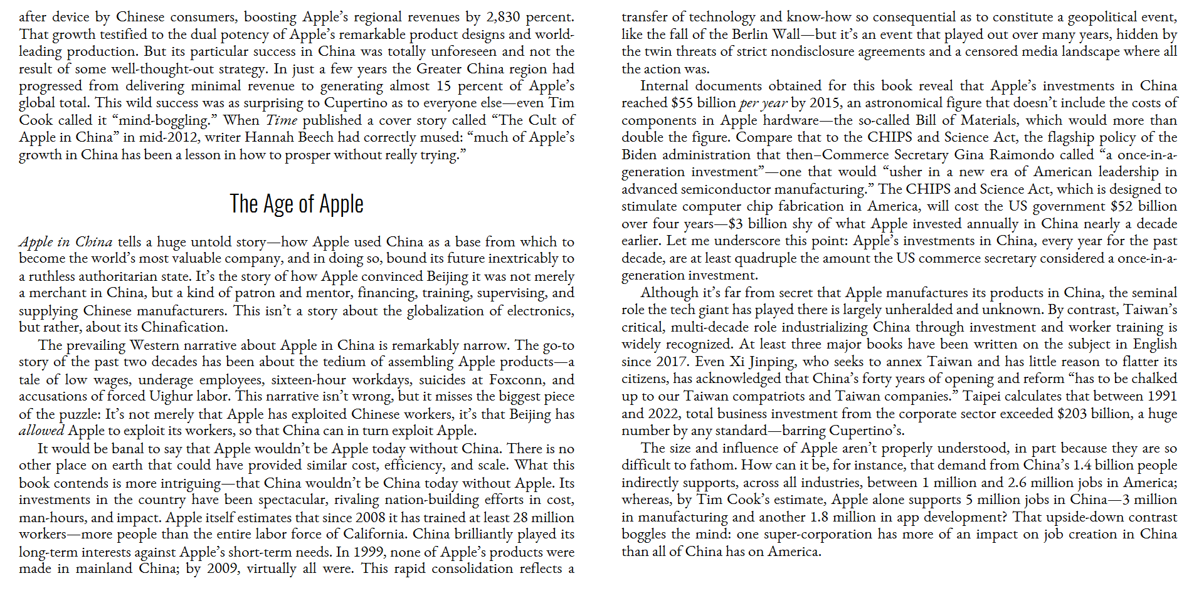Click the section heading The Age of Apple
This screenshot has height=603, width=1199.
297,204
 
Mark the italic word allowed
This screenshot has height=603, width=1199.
41,431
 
